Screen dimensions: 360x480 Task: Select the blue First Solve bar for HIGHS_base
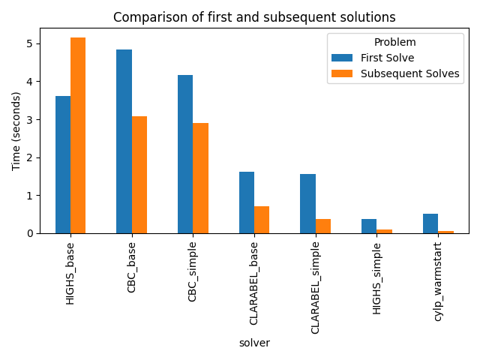tap(63, 165)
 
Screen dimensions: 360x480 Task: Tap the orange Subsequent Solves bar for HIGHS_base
tap(78, 136)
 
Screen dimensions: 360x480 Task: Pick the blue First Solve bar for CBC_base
tap(124, 142)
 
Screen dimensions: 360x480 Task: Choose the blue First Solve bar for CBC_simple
tap(185, 154)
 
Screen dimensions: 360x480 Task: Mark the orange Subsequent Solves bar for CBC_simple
tap(200, 178)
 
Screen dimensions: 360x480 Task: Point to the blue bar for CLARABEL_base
tap(247, 202)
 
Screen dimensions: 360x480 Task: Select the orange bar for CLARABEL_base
tap(262, 220)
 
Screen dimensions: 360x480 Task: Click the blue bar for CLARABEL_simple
tap(307, 204)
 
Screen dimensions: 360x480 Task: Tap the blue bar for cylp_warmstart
tap(430, 223)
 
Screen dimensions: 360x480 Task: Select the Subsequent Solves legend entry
tap(409, 73)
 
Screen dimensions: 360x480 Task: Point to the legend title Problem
tap(395, 43)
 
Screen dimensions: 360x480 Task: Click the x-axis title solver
tap(254, 343)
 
